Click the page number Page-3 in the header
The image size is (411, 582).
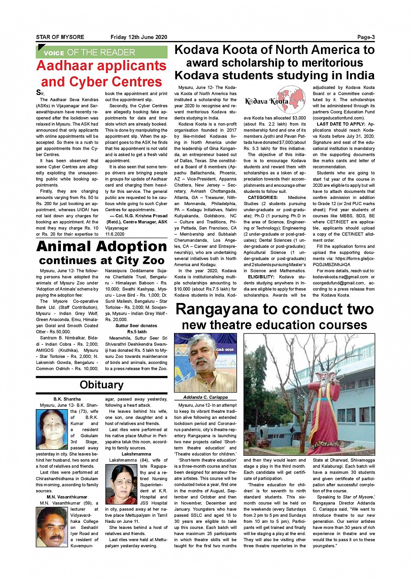tap(365, 37)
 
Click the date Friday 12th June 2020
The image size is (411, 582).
tap(138, 37)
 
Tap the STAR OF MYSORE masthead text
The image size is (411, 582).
tap(60, 37)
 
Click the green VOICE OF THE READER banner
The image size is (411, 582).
tap(101, 52)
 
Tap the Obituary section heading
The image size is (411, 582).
tap(101, 385)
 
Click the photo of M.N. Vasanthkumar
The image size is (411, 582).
tap(52, 527)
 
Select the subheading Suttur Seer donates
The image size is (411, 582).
tap(136, 326)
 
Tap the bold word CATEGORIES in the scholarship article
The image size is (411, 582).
tap(262, 198)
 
